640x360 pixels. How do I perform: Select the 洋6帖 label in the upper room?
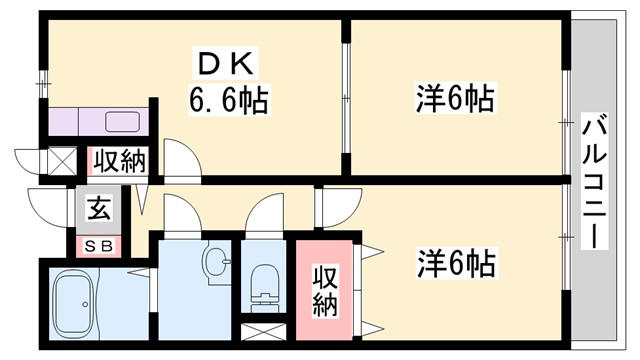(x=455, y=99)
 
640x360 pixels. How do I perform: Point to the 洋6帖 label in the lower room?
(x=455, y=264)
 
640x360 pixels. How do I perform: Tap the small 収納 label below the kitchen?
(x=119, y=160)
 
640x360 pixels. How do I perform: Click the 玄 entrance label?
(x=99, y=210)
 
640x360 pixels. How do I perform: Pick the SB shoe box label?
(x=98, y=244)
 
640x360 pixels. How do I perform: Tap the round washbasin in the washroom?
(x=213, y=262)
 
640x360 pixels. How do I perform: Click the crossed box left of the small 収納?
(x=60, y=161)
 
